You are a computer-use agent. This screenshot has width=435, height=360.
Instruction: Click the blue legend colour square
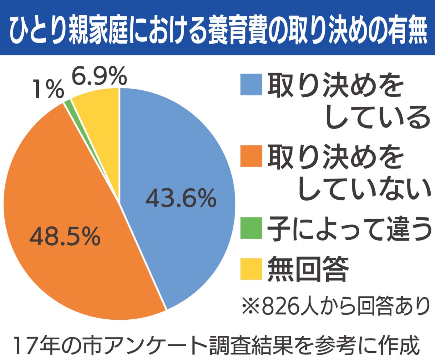(x=251, y=84)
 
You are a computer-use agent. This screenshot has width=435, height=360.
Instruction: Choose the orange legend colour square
(x=251, y=156)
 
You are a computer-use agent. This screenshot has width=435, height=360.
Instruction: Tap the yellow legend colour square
(x=251, y=269)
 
